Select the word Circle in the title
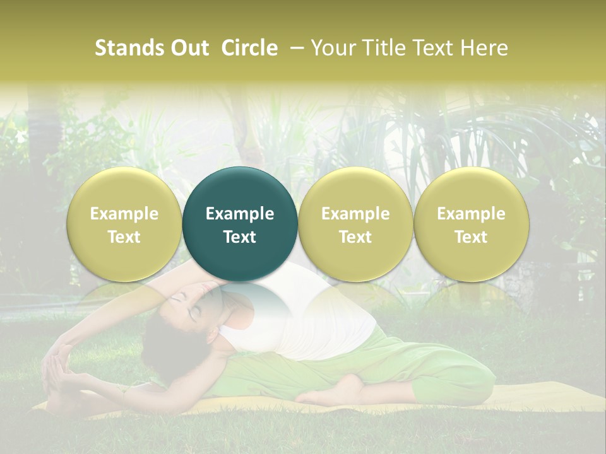pos(249,48)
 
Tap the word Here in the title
pos(486,48)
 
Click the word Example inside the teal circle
pos(240,214)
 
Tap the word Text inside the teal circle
pos(240,237)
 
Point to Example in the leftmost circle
pos(124,214)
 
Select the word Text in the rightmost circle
pos(472,237)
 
